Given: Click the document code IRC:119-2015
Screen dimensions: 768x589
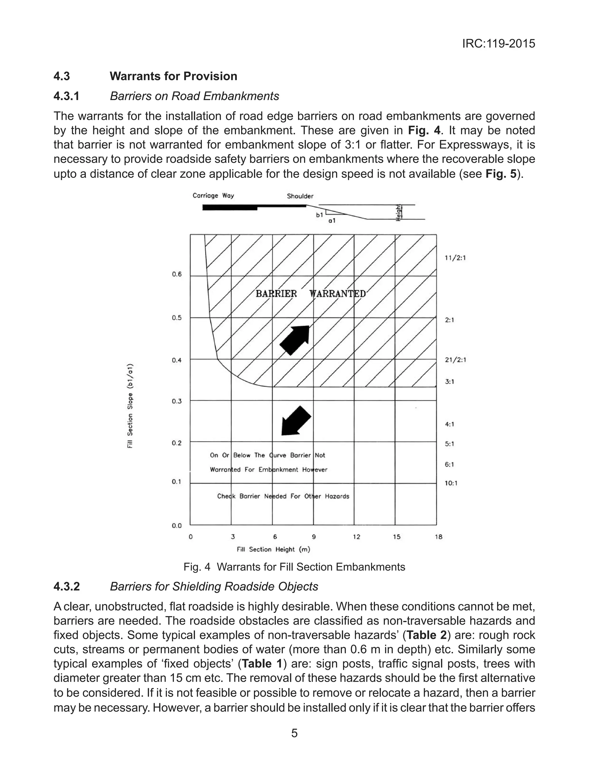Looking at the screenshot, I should point(498,44).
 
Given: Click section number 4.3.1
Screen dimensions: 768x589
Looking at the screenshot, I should point(67,96).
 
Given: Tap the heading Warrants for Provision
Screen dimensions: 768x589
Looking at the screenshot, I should point(173,76).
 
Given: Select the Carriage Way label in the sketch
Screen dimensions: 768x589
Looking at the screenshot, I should point(213,196).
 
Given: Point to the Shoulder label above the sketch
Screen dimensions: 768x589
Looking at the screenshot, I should point(300,196).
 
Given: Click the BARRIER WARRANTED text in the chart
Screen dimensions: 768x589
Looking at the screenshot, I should point(311,294).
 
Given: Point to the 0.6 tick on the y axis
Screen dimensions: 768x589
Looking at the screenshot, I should point(177,274).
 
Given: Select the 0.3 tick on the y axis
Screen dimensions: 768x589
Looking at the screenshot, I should point(177,401).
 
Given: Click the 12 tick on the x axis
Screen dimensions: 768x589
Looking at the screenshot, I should point(356,537).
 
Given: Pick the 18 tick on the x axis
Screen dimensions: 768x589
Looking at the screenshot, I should point(439,537).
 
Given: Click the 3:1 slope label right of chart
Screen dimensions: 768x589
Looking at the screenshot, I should point(450,382).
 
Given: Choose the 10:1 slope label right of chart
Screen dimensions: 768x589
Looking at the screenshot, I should point(451,483).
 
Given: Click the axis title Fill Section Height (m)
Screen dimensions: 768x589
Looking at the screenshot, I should point(274,550).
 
